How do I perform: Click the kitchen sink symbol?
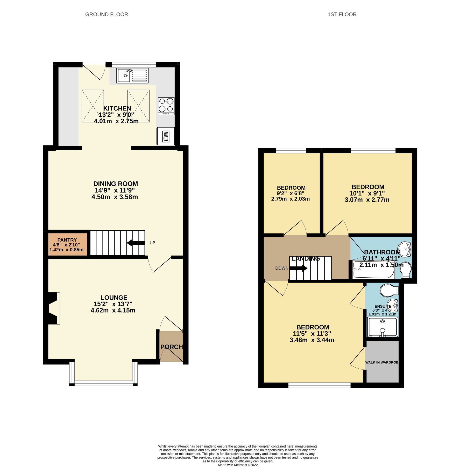pyautogui.click(x=132, y=75)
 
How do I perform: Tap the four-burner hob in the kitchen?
pyautogui.click(x=166, y=106)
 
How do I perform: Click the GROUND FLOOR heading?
pyautogui.click(x=107, y=15)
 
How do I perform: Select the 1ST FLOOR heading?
pyautogui.click(x=342, y=15)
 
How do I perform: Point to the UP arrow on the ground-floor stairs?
pyautogui.click(x=136, y=243)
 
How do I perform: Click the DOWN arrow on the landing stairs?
pyautogui.click(x=298, y=268)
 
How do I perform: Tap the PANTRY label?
pyautogui.click(x=67, y=240)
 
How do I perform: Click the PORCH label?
pyautogui.click(x=171, y=347)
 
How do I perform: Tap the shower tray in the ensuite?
pyautogui.click(x=383, y=327)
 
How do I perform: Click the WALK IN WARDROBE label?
pyautogui.click(x=382, y=362)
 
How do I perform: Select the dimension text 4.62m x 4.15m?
pyautogui.click(x=113, y=310)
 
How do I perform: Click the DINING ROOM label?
pyautogui.click(x=116, y=184)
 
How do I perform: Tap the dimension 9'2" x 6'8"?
pyautogui.click(x=290, y=193)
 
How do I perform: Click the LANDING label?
pyautogui.click(x=306, y=259)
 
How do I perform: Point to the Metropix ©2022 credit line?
pyautogui.click(x=238, y=465)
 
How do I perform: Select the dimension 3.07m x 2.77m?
pyautogui.click(x=367, y=200)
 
